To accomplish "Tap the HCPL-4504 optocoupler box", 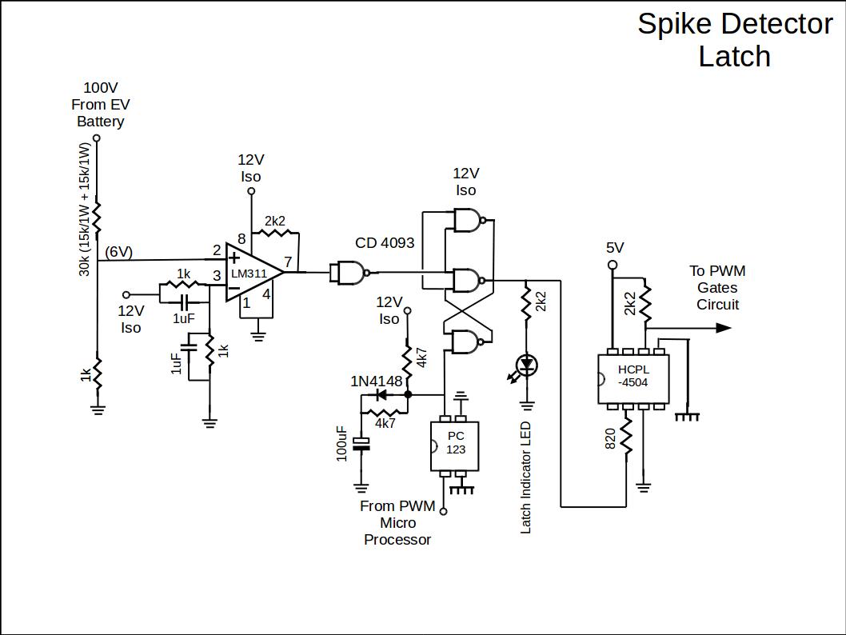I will [x=633, y=376].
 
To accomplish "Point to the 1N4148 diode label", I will [x=376, y=381].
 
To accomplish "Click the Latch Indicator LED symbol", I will [x=526, y=365].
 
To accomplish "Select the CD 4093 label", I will [x=385, y=242].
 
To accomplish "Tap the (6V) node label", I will [x=119, y=252].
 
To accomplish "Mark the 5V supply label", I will [x=615, y=247].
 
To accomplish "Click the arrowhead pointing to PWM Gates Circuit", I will [x=723, y=327].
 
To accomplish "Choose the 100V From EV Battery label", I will [x=100, y=104].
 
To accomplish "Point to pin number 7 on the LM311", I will [x=287, y=262].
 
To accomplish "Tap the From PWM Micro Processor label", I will [x=397, y=522].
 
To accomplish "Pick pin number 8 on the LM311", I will [x=241, y=238].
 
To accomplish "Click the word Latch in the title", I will [x=734, y=57].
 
